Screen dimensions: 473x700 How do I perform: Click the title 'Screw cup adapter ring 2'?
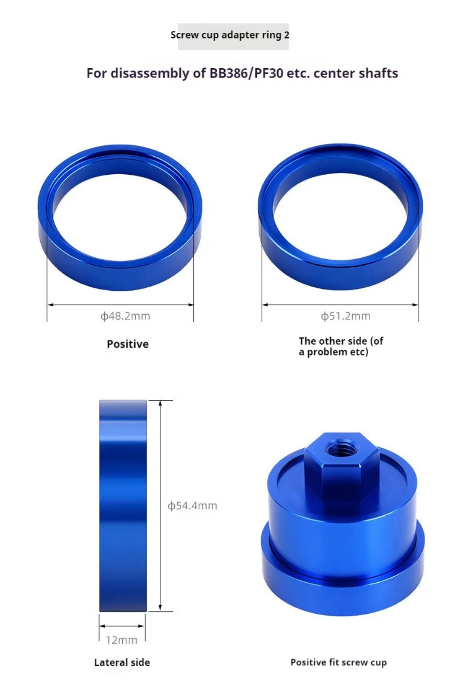coord(230,35)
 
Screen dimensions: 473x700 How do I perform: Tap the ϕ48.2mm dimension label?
coord(125,316)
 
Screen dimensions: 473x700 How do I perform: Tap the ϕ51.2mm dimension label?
coord(346,316)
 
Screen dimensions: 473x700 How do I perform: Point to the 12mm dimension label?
coord(122,640)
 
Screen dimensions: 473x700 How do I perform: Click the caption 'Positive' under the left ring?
coord(127,344)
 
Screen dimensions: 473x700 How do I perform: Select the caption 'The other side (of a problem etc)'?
coord(341,346)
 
